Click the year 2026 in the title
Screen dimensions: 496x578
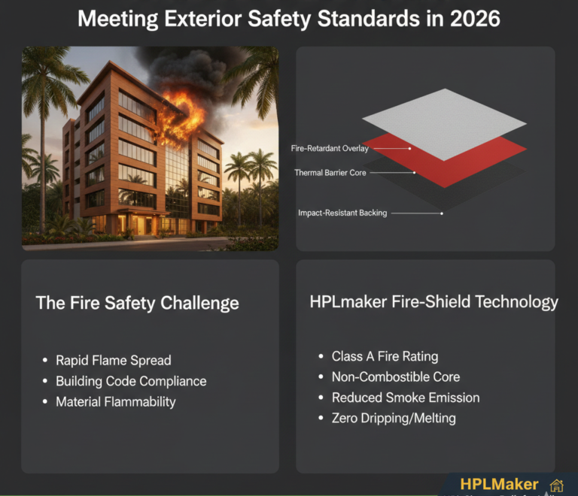point(473,19)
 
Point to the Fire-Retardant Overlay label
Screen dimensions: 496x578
point(330,149)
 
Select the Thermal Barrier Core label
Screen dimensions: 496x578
point(330,173)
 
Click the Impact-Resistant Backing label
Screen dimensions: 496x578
point(342,213)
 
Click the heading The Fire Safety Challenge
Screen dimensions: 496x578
point(138,304)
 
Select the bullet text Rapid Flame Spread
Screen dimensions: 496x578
point(114,360)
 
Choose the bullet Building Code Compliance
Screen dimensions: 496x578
point(131,381)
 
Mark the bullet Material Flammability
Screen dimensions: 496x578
point(116,402)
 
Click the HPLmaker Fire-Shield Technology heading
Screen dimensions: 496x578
point(434,302)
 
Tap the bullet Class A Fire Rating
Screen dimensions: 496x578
point(385,356)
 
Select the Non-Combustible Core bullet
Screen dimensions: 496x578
point(396,377)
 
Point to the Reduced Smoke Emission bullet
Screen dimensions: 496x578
point(406,398)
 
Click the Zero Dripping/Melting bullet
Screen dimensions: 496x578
point(394,418)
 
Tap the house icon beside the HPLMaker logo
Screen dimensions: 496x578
point(557,485)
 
